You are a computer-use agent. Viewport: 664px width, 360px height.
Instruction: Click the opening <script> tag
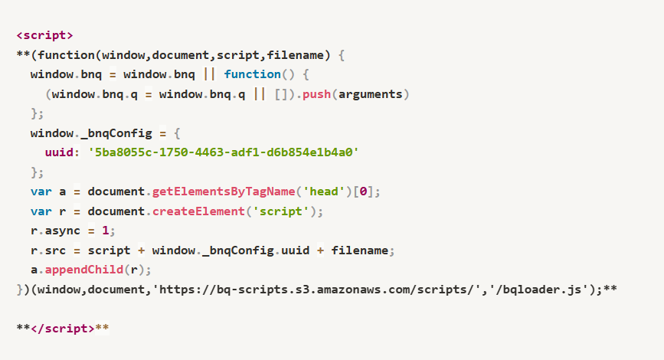tap(44, 35)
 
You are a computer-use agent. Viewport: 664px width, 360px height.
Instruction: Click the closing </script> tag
tap(63, 329)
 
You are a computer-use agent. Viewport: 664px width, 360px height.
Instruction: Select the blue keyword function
tap(253, 74)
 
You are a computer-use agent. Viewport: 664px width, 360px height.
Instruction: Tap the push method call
tap(316, 94)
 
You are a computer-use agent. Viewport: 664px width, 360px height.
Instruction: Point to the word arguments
tap(370, 94)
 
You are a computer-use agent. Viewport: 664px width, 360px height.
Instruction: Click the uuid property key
tap(59, 152)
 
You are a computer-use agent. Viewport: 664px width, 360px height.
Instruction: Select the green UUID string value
tap(223, 152)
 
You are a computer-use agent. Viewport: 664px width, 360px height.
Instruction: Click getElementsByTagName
tap(224, 191)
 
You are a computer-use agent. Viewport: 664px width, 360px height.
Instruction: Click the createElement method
tap(198, 211)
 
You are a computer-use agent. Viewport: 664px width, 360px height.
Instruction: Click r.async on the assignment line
tap(55, 231)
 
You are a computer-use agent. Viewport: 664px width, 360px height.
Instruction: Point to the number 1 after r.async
tap(106, 231)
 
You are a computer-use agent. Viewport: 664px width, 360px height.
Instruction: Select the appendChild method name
tap(83, 270)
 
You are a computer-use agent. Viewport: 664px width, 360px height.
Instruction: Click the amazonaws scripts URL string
tap(316, 290)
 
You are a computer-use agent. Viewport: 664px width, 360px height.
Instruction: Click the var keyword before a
tap(41, 191)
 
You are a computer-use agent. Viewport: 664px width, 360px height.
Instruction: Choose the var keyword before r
tap(41, 211)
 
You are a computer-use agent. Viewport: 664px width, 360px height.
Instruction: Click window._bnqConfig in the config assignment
tap(91, 134)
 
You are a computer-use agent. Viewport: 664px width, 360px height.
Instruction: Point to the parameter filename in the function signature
tap(295, 55)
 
